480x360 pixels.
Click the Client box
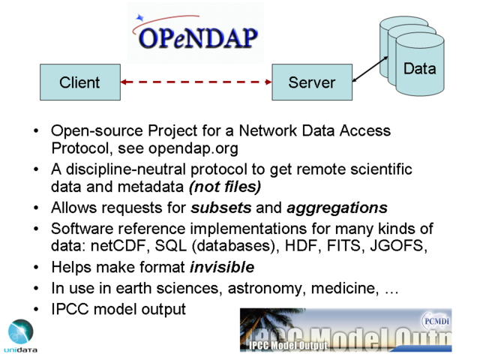click(x=80, y=82)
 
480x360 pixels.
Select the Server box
click(x=312, y=82)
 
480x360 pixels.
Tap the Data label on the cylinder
click(x=420, y=68)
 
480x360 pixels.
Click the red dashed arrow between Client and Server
click(x=196, y=82)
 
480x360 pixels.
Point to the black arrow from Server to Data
click(x=370, y=69)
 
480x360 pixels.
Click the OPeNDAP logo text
click(x=198, y=38)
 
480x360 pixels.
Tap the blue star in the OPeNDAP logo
click(x=140, y=18)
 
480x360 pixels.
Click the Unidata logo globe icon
click(x=21, y=331)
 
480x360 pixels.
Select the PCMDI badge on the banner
click(x=436, y=322)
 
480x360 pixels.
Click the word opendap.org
click(x=193, y=148)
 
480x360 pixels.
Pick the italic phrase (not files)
click(x=225, y=187)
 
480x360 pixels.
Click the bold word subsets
click(x=221, y=208)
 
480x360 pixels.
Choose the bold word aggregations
click(x=337, y=208)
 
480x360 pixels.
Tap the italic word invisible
click(x=222, y=267)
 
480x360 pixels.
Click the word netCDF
click(x=119, y=246)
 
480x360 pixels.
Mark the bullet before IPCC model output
click(x=36, y=310)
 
